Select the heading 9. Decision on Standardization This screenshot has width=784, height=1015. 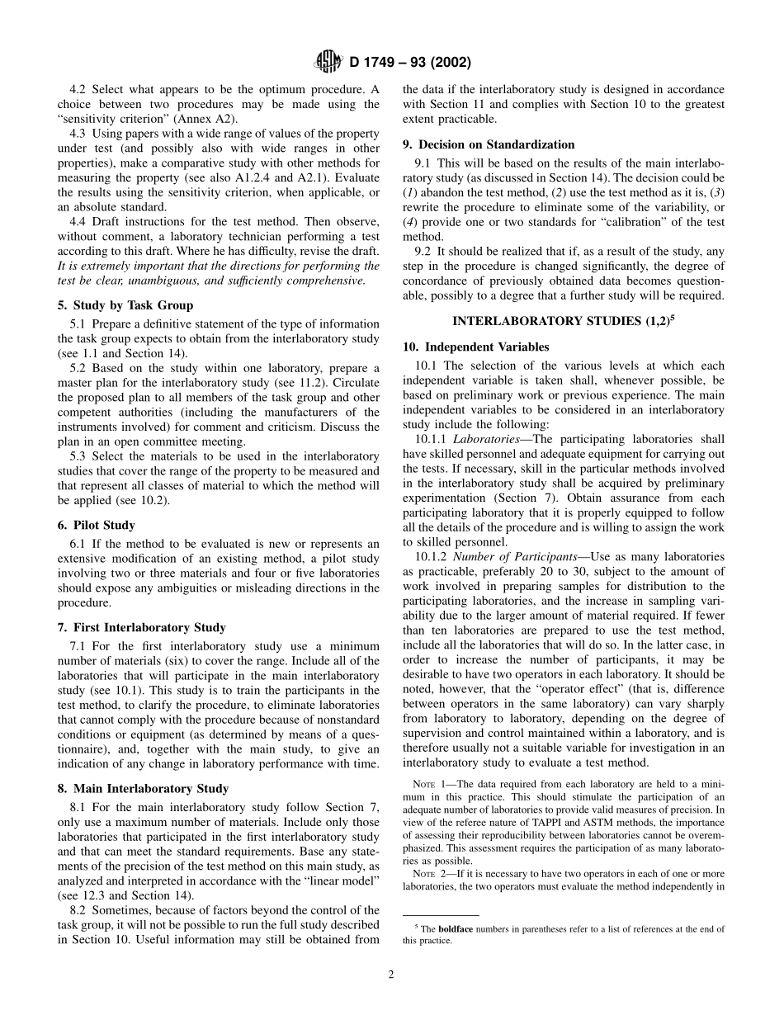[x=489, y=144]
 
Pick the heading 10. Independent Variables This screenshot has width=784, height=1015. [x=475, y=347]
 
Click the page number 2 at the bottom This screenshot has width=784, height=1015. [x=391, y=974]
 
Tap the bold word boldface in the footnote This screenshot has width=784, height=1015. [x=455, y=929]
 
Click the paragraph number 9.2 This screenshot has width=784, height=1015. [x=424, y=252]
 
